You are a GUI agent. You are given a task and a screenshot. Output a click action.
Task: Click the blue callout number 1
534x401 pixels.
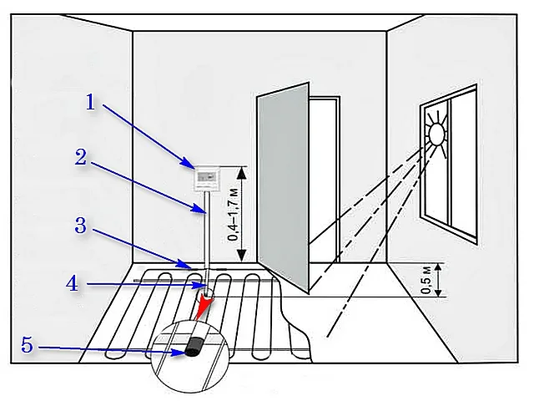[x=90, y=102]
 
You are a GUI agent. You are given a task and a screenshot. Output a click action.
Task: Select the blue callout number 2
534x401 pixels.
[x=81, y=158]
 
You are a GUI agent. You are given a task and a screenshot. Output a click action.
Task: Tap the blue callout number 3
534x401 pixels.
[x=81, y=226]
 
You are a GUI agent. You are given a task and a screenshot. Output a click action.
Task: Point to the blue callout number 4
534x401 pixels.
[x=73, y=283]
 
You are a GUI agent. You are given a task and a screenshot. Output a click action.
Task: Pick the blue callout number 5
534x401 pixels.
[x=28, y=345]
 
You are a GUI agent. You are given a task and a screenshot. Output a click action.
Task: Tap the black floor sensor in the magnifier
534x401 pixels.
[x=194, y=348]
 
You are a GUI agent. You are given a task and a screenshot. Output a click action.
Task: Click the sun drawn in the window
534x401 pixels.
[x=436, y=134]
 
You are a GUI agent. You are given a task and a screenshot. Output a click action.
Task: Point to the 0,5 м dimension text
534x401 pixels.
[x=426, y=280]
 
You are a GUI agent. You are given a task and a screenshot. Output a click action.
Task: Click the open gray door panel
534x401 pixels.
[x=283, y=187]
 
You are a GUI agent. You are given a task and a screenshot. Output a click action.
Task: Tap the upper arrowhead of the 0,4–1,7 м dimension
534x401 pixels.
[x=242, y=173]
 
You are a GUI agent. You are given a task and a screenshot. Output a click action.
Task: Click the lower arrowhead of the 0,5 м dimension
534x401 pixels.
[x=439, y=292]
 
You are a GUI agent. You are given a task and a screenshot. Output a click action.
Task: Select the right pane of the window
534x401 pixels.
[x=463, y=165]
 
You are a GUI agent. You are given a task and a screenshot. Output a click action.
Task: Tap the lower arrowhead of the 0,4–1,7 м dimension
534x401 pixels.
[x=242, y=256]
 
